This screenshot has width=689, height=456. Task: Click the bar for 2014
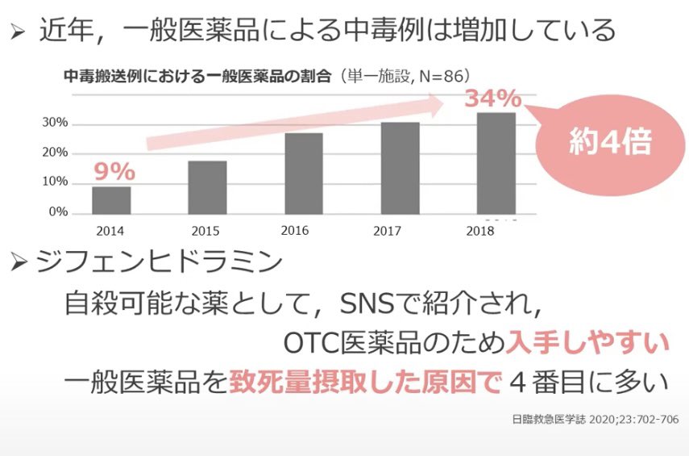click(x=111, y=200)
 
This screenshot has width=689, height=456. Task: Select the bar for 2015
click(x=207, y=187)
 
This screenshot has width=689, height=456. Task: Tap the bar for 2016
click(x=304, y=174)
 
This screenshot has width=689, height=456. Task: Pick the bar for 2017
click(x=400, y=168)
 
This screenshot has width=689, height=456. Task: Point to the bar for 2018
click(x=496, y=163)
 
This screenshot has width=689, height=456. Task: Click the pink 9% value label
click(x=114, y=171)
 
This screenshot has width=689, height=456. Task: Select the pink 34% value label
click(x=492, y=98)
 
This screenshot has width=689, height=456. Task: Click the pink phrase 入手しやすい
click(x=587, y=341)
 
